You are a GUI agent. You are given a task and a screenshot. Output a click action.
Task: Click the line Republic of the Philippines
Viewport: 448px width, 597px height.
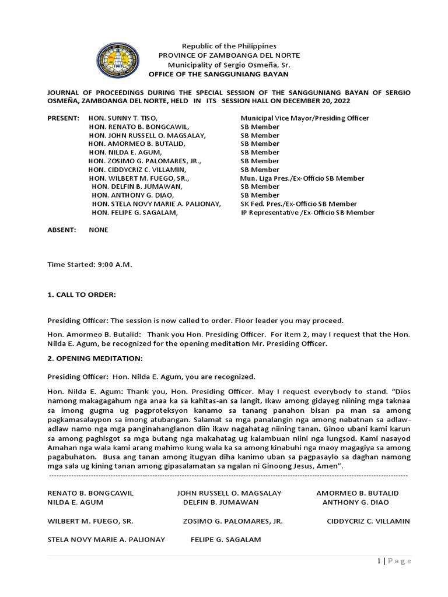(x=229, y=46)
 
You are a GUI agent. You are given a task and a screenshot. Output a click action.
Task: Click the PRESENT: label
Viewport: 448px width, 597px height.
(x=63, y=118)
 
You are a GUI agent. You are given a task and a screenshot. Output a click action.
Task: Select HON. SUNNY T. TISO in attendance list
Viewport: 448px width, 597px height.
(x=124, y=118)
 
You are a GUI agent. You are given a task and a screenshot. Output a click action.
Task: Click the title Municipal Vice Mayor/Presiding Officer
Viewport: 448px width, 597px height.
(x=304, y=118)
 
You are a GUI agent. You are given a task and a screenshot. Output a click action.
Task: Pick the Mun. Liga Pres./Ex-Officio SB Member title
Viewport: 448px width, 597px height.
(x=302, y=178)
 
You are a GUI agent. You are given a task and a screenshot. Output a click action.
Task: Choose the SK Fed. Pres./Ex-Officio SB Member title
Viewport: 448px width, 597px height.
(x=299, y=204)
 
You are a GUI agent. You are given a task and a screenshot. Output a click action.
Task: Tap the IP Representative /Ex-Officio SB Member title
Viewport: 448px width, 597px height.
(x=307, y=213)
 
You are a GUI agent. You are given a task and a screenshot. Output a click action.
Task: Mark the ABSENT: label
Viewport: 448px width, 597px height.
(x=62, y=230)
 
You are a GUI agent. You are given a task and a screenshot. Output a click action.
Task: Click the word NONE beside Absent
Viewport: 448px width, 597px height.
(x=99, y=230)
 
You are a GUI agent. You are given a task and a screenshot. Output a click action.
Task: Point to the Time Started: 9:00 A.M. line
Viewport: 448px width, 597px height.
(x=90, y=265)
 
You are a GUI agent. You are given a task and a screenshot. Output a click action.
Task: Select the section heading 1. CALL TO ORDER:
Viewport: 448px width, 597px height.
(x=82, y=295)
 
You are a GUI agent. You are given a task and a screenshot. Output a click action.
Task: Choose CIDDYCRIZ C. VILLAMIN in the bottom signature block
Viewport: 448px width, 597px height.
(x=368, y=521)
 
